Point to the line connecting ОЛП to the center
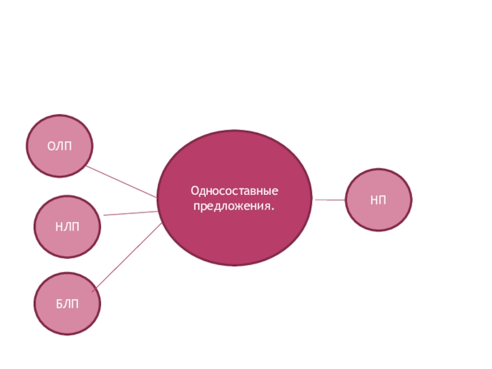[x=121, y=181]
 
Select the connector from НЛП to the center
[x=131, y=213]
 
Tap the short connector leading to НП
[x=330, y=200]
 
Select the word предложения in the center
[x=232, y=205]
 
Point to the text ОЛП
[x=60, y=146]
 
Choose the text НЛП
[x=67, y=227]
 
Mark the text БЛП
[x=67, y=304]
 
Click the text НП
[x=378, y=200]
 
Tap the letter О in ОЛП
[x=52, y=146]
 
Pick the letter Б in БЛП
[x=60, y=304]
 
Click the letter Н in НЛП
[x=59, y=227]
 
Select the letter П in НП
[x=383, y=200]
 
